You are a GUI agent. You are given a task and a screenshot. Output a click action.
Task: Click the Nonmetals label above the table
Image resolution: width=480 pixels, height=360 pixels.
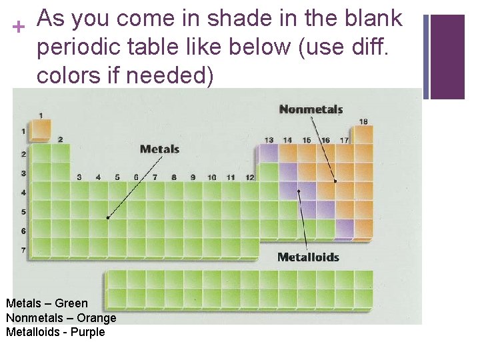click(x=311, y=109)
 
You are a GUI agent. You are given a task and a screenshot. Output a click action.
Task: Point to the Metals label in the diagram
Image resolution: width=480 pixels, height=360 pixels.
click(x=159, y=149)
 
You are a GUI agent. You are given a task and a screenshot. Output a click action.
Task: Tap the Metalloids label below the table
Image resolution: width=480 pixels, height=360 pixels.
click(x=308, y=257)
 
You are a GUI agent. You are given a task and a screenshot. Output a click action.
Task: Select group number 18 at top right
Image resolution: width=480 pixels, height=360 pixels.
click(x=363, y=121)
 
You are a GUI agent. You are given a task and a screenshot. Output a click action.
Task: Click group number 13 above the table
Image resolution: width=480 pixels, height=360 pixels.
click(x=269, y=140)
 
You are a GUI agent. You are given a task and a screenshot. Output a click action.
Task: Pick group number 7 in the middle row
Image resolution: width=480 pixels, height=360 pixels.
click(x=155, y=177)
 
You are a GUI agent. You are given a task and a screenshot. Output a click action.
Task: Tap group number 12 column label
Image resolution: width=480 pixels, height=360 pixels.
click(x=249, y=177)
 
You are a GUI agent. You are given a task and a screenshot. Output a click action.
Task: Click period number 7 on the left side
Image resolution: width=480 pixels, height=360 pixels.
click(x=23, y=250)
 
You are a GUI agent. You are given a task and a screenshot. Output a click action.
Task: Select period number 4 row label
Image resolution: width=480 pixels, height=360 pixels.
click(x=23, y=192)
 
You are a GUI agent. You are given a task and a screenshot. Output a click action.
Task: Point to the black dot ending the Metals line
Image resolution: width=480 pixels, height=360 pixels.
click(x=108, y=217)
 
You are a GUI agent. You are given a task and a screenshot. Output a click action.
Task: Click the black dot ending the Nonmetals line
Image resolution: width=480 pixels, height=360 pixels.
click(x=335, y=181)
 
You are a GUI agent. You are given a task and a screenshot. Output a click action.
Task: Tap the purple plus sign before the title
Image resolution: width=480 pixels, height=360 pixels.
click(x=18, y=26)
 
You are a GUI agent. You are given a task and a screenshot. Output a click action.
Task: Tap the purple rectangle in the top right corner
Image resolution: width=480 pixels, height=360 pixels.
click(x=448, y=57)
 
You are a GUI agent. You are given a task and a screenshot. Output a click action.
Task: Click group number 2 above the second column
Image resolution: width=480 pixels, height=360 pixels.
click(x=60, y=139)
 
